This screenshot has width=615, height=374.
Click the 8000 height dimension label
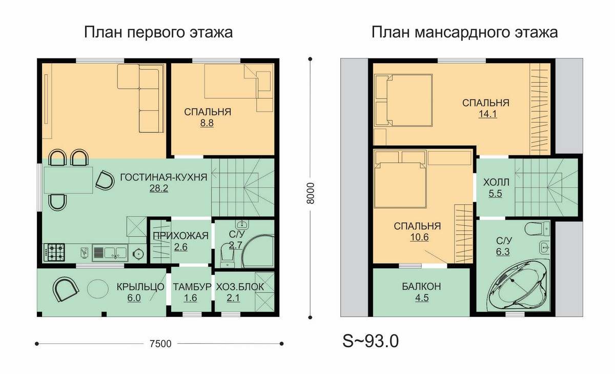[x=310, y=193]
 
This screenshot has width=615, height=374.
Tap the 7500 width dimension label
[x=160, y=344]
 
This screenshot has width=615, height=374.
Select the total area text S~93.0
[x=371, y=341]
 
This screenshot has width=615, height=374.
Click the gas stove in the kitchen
[x=54, y=252]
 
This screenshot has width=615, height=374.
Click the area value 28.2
[x=159, y=188]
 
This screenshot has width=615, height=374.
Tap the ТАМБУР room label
[x=192, y=287]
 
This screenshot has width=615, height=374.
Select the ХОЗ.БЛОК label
[x=240, y=287]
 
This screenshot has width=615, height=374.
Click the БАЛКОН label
[x=421, y=286]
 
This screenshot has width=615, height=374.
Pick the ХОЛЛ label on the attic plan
[x=496, y=182]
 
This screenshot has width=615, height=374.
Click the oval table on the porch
[x=98, y=289]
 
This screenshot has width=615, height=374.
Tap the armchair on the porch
[x=66, y=289]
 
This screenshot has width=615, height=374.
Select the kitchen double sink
[x=110, y=252]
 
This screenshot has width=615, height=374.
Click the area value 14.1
[x=487, y=114]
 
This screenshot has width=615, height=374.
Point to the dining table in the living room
[x=68, y=180]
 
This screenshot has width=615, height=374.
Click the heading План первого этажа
[x=158, y=32]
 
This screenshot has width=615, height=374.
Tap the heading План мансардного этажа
[x=464, y=32]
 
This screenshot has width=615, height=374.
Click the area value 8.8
[x=207, y=123]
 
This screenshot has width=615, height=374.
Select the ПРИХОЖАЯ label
[x=180, y=236]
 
